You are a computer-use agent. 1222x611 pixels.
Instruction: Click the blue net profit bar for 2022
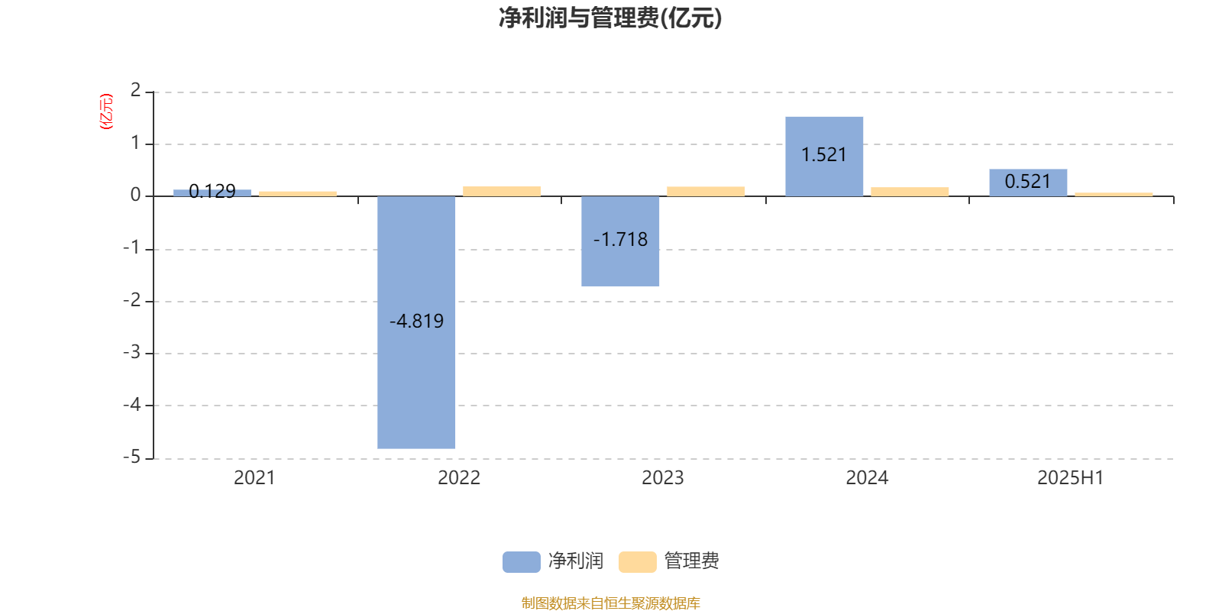point(416,322)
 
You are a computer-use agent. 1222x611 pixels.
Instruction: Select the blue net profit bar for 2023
point(620,241)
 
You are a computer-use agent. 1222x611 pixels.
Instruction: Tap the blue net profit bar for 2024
point(824,157)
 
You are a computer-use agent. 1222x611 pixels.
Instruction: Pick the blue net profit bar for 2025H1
point(1028,183)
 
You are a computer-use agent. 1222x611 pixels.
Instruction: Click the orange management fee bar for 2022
point(502,191)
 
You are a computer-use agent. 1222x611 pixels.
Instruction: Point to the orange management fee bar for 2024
point(910,192)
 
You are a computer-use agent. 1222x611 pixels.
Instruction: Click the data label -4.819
point(417,321)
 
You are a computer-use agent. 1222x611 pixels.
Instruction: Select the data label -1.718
point(620,239)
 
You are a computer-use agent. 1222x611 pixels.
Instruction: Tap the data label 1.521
point(824,155)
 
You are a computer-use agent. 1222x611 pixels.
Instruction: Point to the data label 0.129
point(212,191)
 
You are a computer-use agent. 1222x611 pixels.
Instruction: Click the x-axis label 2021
point(254,478)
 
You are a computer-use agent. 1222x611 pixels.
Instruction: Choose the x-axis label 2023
point(662,478)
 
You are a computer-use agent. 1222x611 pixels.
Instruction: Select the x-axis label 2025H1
point(1070,478)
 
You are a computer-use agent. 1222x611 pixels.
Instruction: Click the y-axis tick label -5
point(131,457)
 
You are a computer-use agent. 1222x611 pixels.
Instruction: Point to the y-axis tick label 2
point(135,90)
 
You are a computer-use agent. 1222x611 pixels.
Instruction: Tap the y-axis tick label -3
point(131,352)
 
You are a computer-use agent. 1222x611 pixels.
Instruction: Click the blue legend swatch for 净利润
point(522,562)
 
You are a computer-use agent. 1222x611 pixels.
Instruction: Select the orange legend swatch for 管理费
point(637,562)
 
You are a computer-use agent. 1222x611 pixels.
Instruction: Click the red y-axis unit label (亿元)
point(106,112)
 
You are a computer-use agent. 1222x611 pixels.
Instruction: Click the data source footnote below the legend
point(610,603)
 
